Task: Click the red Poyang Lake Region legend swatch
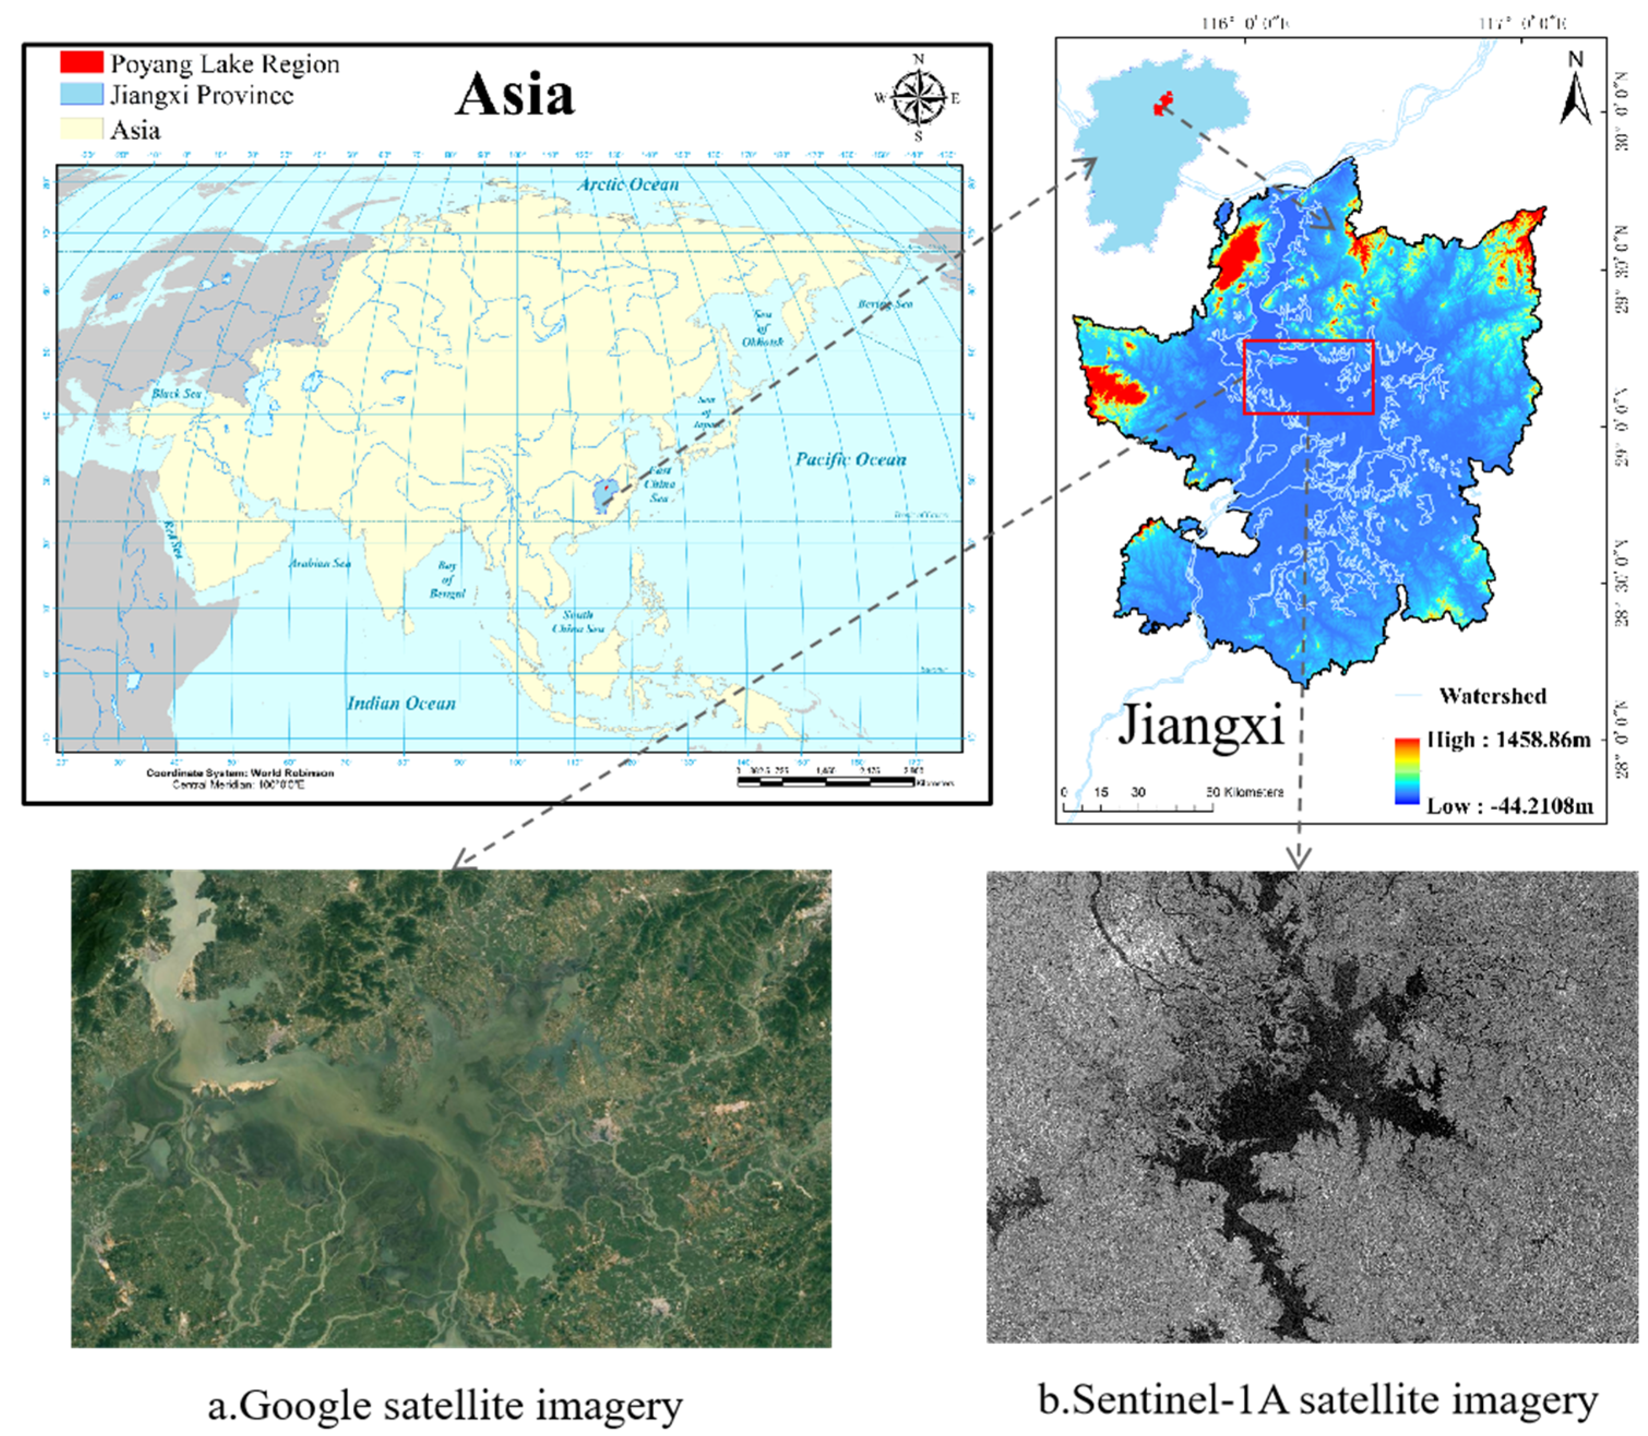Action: click(x=81, y=62)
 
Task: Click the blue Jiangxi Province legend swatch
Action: click(x=81, y=94)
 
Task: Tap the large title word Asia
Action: click(x=515, y=94)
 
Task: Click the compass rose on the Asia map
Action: click(x=918, y=98)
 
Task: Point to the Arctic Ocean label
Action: click(x=629, y=184)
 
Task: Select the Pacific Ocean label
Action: click(x=850, y=459)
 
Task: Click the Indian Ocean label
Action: click(x=401, y=703)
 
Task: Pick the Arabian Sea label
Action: click(x=320, y=564)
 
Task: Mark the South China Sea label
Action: click(x=578, y=621)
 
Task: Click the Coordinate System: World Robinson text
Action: click(x=240, y=773)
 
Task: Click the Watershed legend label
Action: click(x=1492, y=696)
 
